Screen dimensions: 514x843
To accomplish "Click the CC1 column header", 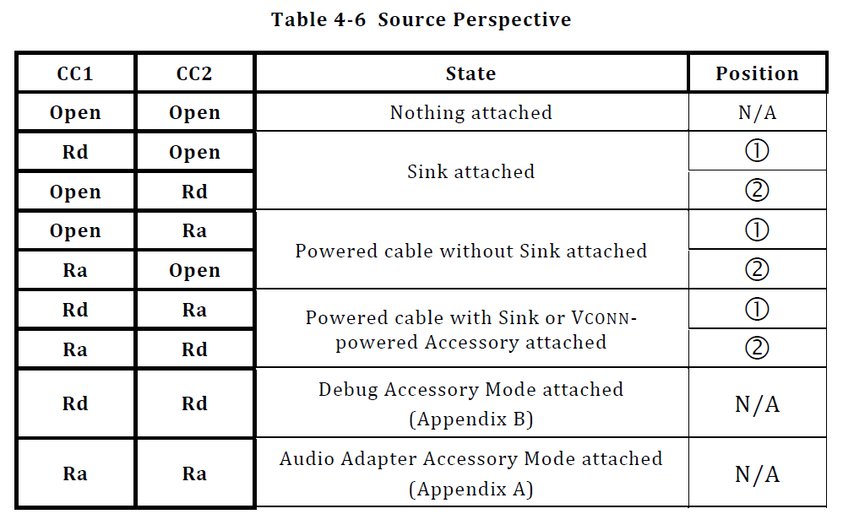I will click(x=75, y=74).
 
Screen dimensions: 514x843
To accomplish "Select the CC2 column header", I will click(x=194, y=74).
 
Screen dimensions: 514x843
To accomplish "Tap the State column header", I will click(x=470, y=74).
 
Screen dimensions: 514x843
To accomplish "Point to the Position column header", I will click(x=757, y=74).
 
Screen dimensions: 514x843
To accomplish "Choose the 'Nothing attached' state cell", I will click(x=470, y=112).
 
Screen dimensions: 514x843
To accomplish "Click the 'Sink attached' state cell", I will click(x=470, y=171).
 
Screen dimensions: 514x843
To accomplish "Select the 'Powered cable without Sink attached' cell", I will click(x=470, y=251).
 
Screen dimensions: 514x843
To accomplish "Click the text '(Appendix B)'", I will click(x=470, y=419).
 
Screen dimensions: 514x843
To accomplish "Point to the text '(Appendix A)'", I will click(x=470, y=489).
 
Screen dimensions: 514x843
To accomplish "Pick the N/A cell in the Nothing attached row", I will click(x=757, y=113).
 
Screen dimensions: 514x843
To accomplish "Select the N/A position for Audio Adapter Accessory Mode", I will click(x=757, y=474).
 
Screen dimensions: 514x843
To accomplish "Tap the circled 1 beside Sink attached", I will click(x=757, y=151).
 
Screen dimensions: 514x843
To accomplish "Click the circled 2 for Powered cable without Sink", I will click(x=757, y=269).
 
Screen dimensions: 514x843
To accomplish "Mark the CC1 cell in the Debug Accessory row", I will click(x=75, y=404).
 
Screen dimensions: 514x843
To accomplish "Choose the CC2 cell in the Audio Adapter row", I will click(x=194, y=474).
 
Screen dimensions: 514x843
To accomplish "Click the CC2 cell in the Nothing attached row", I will click(x=194, y=113).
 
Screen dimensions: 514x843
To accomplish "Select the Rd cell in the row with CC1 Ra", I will click(x=194, y=349).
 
